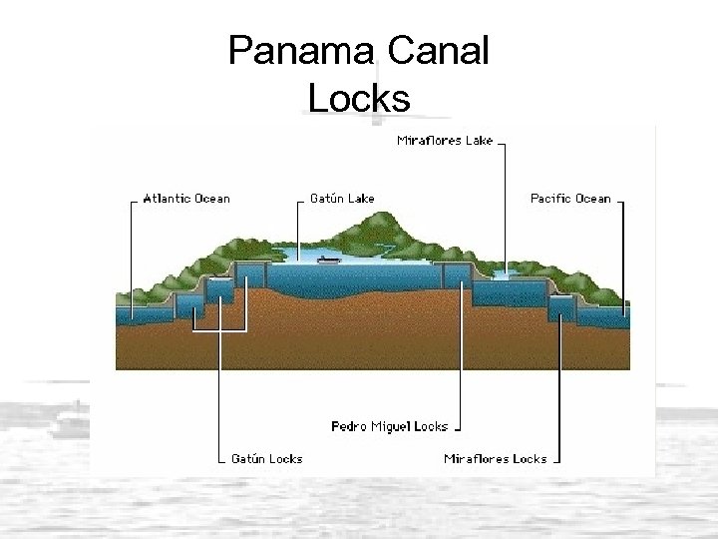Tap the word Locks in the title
pos(359,98)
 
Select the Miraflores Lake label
pos(445,141)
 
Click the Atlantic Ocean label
pos(186,199)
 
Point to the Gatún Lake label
pos(342,199)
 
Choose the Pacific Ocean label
pos(570,199)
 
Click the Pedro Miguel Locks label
pos(389,426)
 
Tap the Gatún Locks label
pos(266,459)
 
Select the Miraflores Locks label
pos(495,459)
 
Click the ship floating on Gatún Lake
pos(328,260)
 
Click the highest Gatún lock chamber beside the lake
pos(250,272)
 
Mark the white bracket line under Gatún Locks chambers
pos(219,328)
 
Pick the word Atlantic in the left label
pos(167,199)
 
